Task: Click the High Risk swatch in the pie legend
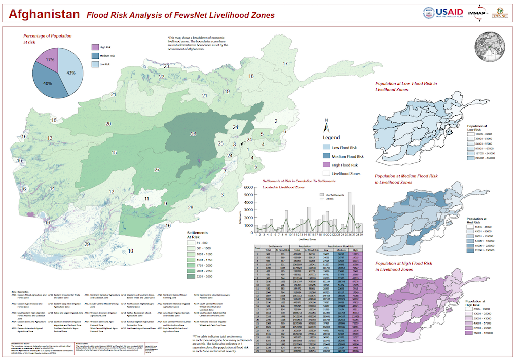coord(95,47)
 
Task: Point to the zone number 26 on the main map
coord(193,134)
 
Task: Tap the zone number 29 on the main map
coord(87,244)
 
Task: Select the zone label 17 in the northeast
coord(285,64)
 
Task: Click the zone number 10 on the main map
coord(130,251)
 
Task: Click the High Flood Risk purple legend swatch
coord(327,165)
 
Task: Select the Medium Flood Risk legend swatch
coord(327,156)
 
